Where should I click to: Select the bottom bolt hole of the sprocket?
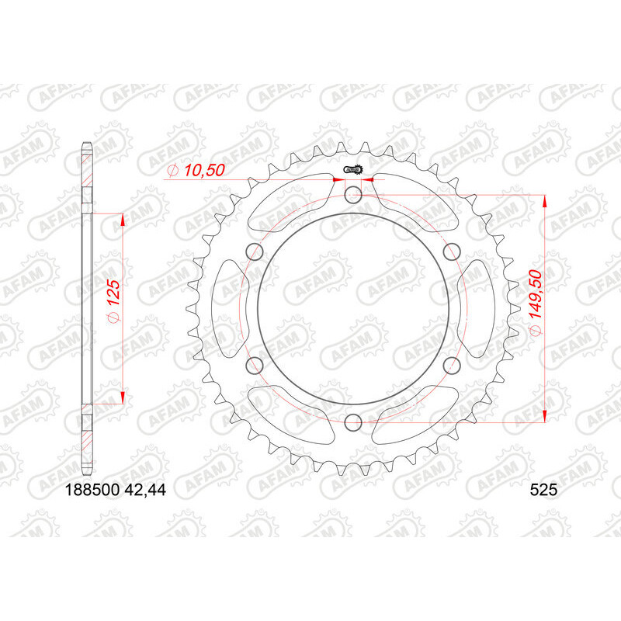click(353, 422)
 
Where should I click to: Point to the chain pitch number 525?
click(543, 490)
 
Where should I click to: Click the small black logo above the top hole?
click(354, 169)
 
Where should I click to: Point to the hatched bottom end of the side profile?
click(88, 439)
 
